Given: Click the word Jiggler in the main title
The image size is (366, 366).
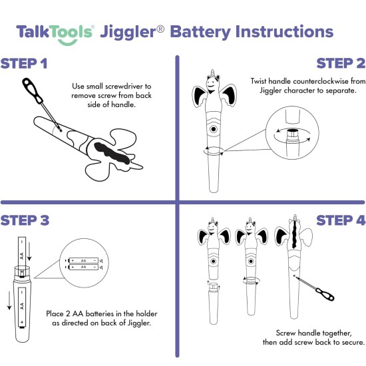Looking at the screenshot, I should click(x=127, y=32).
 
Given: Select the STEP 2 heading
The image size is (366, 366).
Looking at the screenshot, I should click(x=340, y=64).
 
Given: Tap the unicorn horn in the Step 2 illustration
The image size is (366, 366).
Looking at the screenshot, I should click(x=214, y=73).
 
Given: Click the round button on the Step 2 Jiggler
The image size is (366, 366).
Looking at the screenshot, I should click(x=214, y=128).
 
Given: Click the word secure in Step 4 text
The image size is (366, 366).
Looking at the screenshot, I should click(x=352, y=343).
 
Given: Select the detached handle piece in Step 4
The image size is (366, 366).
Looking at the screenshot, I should click(x=214, y=302).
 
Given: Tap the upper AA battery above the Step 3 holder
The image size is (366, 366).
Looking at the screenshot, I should click(x=22, y=254).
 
